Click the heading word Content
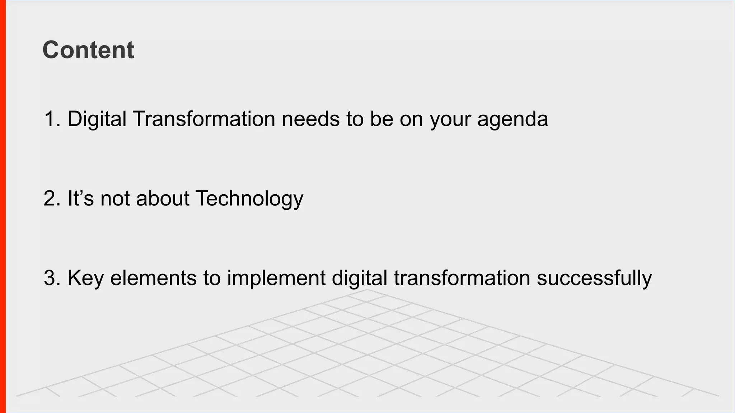click(x=88, y=50)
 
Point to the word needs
click(x=310, y=119)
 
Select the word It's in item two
click(x=80, y=198)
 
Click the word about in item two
click(x=163, y=198)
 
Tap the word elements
click(x=153, y=278)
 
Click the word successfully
click(x=594, y=278)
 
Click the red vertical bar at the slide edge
click(x=3, y=206)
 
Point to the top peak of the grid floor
click(x=367, y=290)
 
